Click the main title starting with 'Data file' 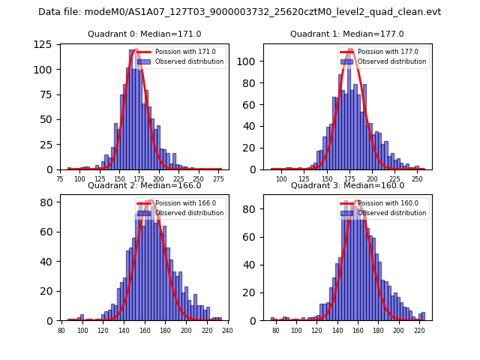pos(240,12)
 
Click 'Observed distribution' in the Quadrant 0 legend pos(190,61)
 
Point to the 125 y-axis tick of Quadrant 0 pos(46,44)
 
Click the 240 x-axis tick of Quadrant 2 pos(228,331)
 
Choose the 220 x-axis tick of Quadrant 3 pos(418,331)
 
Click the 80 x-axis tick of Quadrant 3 pos(275,331)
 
